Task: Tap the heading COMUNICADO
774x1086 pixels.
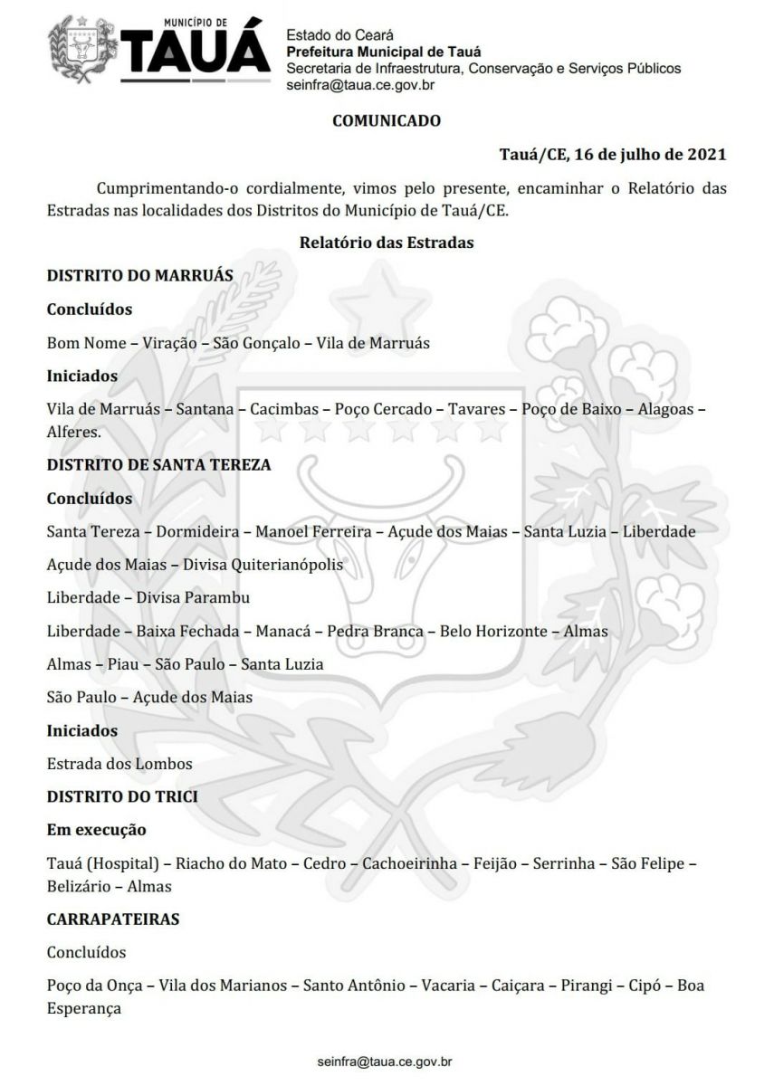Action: click(387, 119)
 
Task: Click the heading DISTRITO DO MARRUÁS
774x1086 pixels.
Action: click(140, 275)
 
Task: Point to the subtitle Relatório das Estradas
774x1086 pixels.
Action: click(387, 243)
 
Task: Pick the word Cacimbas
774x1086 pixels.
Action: click(284, 409)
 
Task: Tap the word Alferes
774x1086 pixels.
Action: click(72, 432)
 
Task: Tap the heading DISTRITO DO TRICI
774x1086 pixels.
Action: click(122, 796)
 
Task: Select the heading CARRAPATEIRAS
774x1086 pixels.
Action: click(113, 919)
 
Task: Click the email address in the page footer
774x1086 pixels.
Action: click(386, 1059)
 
